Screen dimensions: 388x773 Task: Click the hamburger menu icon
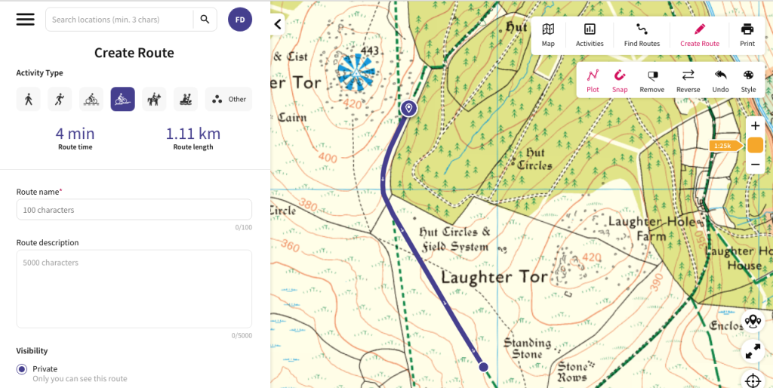coord(26,20)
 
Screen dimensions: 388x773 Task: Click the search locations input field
coord(119,20)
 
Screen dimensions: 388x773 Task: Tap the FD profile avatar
coord(240,20)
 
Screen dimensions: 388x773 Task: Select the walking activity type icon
coord(29,99)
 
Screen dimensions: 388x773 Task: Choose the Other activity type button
coord(229,99)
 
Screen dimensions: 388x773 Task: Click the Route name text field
coord(134,210)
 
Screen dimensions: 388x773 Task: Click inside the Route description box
coord(134,289)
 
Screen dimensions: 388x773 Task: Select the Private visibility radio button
coord(22,369)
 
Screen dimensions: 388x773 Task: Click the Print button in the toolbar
coord(747,35)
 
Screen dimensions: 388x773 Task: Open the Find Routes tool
coord(642,35)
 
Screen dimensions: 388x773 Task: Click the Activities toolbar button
coord(590,35)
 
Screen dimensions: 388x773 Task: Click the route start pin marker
coord(408,109)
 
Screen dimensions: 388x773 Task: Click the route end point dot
coord(483,367)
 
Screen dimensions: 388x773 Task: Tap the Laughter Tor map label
coord(494,277)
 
